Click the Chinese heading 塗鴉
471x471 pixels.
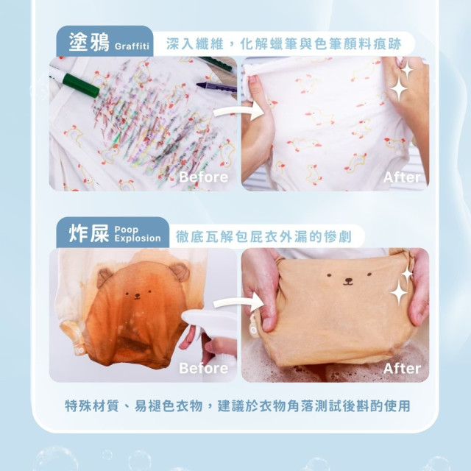(x=88, y=41)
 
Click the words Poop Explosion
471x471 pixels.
(x=137, y=234)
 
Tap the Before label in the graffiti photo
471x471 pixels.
(x=203, y=177)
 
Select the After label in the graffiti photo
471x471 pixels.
(x=402, y=177)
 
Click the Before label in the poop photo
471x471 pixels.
(x=203, y=367)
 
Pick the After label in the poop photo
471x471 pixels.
(x=402, y=367)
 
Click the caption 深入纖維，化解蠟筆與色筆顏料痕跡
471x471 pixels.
(x=283, y=43)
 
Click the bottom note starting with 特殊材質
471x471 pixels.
(x=237, y=406)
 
